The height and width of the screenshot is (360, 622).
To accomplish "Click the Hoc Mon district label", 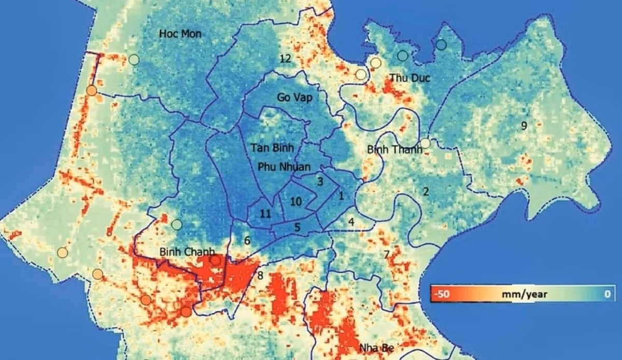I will click(x=180, y=34).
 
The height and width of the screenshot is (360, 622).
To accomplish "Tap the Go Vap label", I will click(x=291, y=97).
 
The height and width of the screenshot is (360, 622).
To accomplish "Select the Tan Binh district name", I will click(x=272, y=148).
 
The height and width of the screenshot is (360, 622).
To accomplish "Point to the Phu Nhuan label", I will click(x=284, y=167).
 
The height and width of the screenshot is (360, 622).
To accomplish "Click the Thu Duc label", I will click(x=406, y=78).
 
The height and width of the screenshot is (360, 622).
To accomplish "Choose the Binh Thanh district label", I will click(x=394, y=149).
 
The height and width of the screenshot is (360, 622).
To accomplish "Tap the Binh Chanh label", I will click(x=187, y=252).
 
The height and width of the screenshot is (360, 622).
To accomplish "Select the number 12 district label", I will click(x=285, y=58).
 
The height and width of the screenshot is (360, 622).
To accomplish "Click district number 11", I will click(x=265, y=214).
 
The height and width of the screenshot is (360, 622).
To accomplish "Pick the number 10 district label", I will click(x=296, y=201).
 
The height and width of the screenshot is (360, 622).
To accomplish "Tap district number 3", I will click(x=320, y=182).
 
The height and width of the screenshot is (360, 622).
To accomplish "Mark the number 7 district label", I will click(x=386, y=255).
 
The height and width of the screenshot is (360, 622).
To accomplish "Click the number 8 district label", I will click(x=260, y=275).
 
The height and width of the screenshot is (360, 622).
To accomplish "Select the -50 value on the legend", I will click(x=442, y=294).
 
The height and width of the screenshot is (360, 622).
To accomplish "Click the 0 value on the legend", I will click(x=607, y=294).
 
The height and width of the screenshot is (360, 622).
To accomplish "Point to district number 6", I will click(x=247, y=241).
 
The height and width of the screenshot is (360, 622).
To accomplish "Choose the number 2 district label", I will click(x=426, y=192).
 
